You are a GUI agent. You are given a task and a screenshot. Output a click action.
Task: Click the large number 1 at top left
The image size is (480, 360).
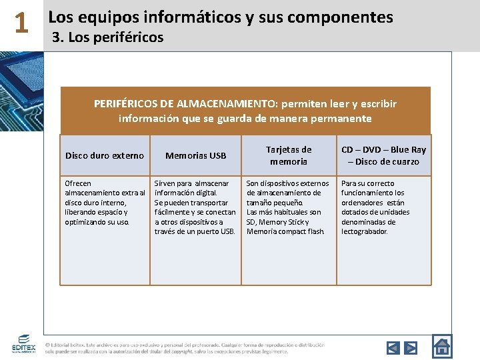pos(21,25)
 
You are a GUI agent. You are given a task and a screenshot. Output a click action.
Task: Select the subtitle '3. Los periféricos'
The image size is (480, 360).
pos(107,37)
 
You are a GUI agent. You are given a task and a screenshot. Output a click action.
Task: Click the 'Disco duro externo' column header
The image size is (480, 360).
pos(105,155)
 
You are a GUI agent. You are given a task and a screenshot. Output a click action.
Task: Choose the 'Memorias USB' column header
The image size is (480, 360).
pos(196,155)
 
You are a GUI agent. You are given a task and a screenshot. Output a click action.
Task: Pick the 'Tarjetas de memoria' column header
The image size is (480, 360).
pos(288,155)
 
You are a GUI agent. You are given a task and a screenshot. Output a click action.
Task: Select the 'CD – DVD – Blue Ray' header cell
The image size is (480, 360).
pos(383,155)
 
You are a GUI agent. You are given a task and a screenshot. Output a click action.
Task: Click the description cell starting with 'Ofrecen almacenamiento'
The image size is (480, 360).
pos(105,202)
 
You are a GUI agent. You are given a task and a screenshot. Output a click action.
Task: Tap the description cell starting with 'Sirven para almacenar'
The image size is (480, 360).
pos(195,207)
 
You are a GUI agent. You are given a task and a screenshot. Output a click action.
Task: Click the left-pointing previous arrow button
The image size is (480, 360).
pos(393,347)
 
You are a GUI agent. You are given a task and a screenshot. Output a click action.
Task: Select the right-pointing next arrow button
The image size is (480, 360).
pos(411,347)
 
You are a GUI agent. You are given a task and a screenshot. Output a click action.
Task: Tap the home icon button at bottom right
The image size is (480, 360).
pos(442,346)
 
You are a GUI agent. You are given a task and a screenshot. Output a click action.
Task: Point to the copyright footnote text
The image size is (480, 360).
pos(185,348)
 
